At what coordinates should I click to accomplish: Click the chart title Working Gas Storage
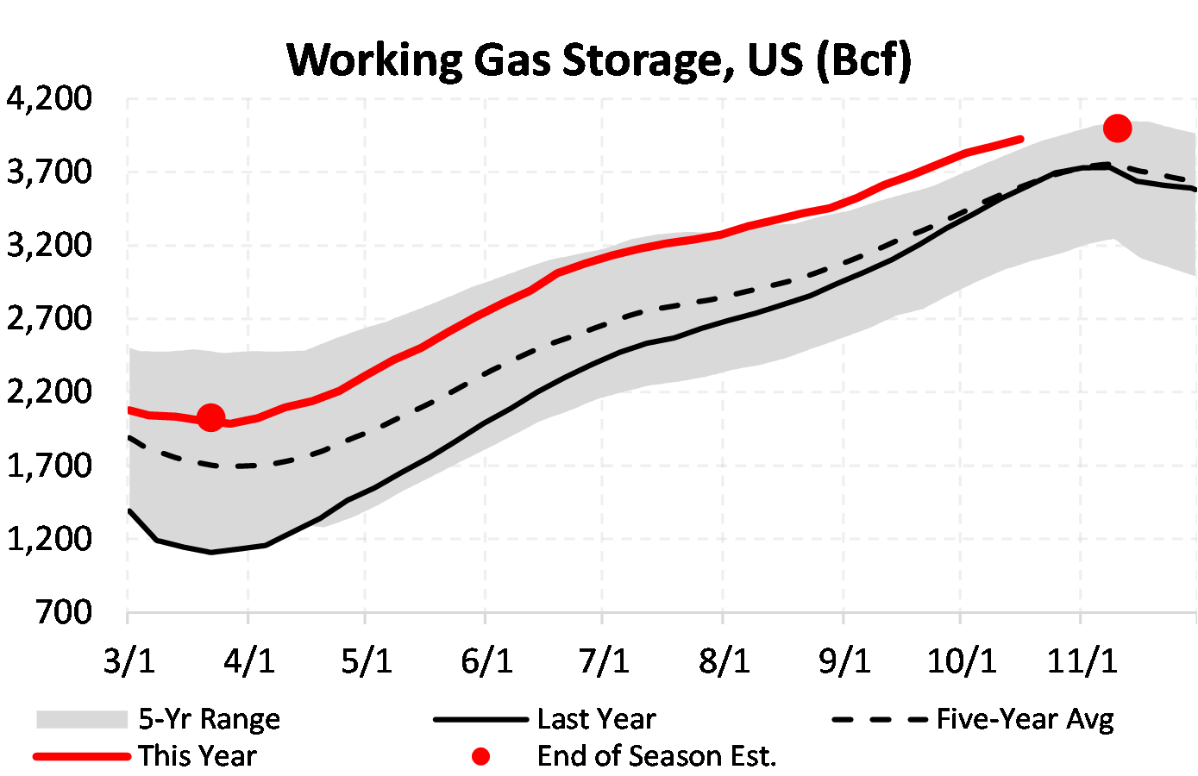(598, 60)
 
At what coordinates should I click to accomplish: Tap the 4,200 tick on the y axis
(49, 99)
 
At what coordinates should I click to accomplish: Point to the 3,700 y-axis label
(49, 172)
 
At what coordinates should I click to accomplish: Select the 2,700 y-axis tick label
(49, 318)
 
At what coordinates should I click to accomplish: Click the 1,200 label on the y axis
(49, 539)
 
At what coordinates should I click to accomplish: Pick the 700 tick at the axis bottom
(63, 612)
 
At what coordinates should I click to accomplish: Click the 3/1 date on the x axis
(129, 661)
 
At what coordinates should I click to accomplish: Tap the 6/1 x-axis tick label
(486, 661)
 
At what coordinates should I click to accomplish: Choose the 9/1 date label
(844, 661)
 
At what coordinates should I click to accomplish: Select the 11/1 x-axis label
(1082, 661)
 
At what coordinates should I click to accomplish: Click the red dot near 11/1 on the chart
(1117, 128)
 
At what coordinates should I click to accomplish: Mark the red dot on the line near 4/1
(211, 418)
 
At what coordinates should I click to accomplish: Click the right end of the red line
(1021, 138)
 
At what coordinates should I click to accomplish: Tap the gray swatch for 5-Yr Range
(82, 719)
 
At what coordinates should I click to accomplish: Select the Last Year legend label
(596, 719)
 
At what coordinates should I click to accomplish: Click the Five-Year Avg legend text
(1025, 719)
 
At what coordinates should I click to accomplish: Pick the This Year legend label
(198, 756)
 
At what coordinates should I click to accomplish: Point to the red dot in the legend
(480, 756)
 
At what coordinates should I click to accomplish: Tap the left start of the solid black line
(129, 510)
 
